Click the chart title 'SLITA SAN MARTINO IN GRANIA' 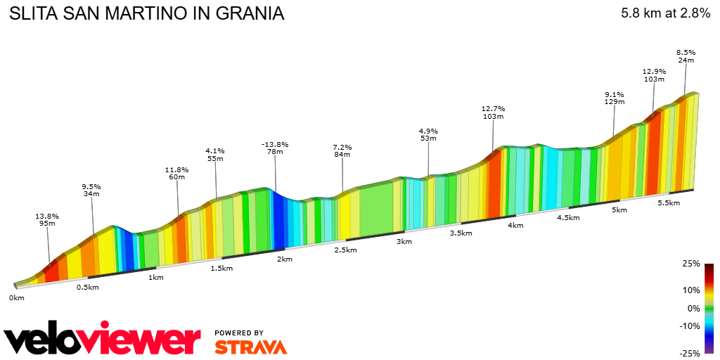(146, 13)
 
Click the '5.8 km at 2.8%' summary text (665, 13)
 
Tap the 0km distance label (16, 298)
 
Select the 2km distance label (285, 259)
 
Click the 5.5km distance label (668, 202)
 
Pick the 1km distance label (156, 277)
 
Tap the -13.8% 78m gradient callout (274, 148)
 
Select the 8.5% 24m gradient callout (686, 56)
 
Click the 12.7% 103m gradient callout (493, 112)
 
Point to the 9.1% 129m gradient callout (614, 98)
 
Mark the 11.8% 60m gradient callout (176, 173)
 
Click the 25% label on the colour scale (691, 264)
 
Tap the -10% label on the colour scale (690, 326)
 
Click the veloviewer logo (103, 340)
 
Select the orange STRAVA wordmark (250, 347)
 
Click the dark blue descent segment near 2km (279, 221)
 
